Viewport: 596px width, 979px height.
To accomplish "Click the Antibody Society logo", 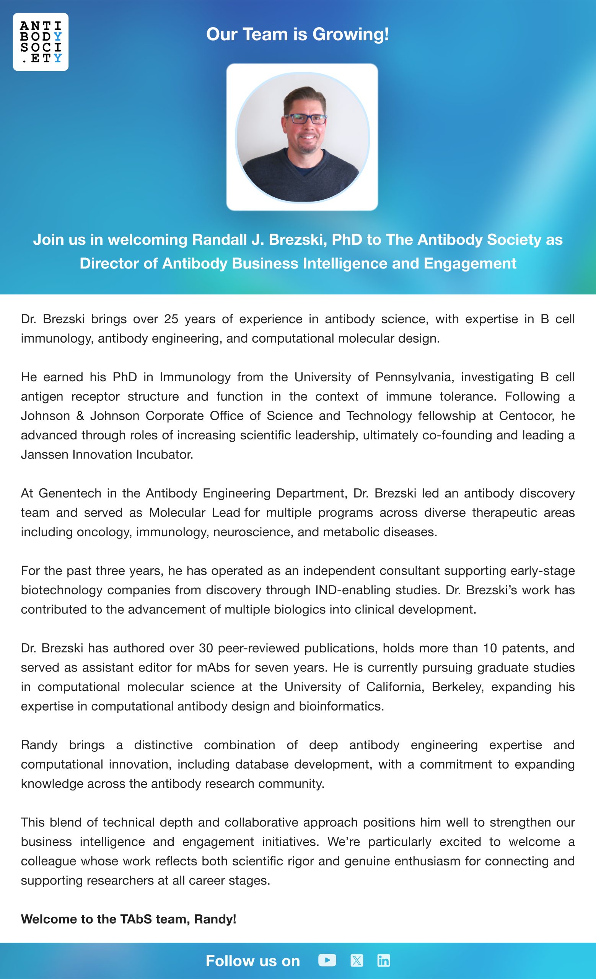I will coord(41,42).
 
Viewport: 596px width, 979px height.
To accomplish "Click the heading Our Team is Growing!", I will coord(297,34).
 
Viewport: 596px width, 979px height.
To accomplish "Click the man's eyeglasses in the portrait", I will coord(305,119).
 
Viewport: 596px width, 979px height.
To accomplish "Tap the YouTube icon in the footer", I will coord(327,960).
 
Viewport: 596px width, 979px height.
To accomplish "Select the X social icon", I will coord(357,960).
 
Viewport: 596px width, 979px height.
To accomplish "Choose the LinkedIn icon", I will coord(383,960).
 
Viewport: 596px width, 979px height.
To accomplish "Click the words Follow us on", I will coord(253,961).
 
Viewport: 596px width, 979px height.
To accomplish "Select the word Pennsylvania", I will coord(414,377).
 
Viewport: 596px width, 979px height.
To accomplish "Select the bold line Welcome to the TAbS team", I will coord(128,919).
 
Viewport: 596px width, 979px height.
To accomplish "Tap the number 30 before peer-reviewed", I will coord(206,648).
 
